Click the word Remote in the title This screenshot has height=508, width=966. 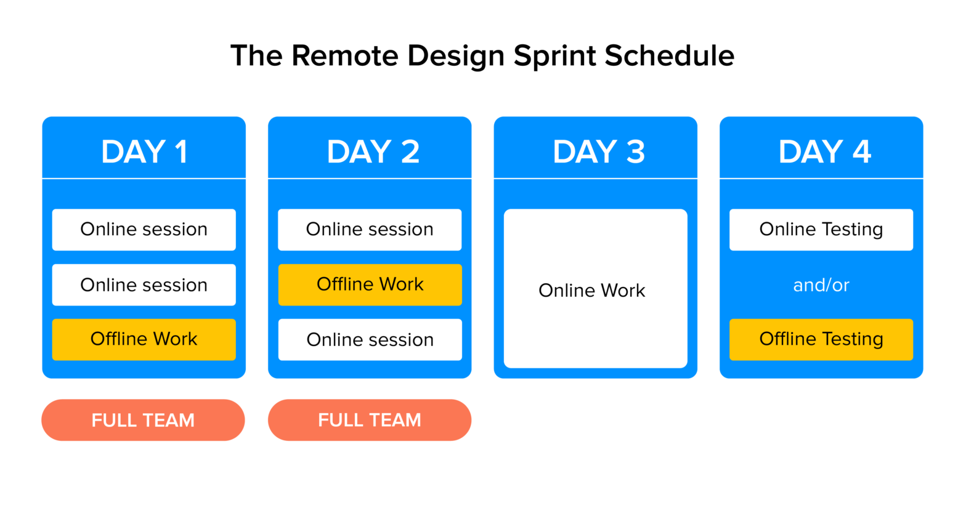coord(344,56)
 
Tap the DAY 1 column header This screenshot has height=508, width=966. coord(144,151)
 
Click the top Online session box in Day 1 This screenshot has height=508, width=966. coord(144,230)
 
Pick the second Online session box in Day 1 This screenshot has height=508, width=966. coord(144,285)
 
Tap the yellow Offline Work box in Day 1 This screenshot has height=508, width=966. coord(144,339)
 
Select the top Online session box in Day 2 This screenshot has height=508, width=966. coord(370,230)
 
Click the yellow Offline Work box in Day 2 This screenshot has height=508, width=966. coord(370,284)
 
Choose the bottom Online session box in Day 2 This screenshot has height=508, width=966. coord(370,340)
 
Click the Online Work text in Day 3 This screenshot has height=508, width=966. coord(591,291)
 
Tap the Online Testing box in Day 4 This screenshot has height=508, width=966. coord(821,230)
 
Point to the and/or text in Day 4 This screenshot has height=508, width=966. coord(821,285)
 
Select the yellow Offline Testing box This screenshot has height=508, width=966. coord(821,339)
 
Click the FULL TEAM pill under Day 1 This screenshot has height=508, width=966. coord(143,420)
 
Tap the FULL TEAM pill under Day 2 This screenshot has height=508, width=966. coord(369,420)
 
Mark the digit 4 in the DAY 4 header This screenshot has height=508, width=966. coord(861,151)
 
